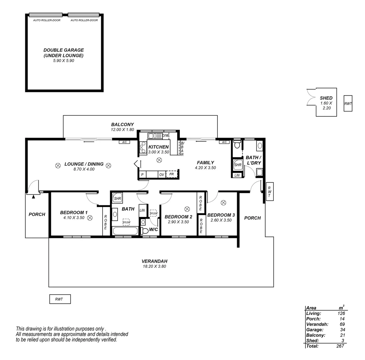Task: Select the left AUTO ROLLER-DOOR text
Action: point(47,20)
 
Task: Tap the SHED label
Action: point(326,98)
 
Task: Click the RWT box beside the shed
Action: point(348,104)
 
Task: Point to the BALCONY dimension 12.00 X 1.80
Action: point(123,129)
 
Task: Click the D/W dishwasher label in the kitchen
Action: point(166,135)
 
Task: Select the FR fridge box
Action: point(172,174)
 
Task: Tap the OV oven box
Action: point(162,175)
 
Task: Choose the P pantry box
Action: point(143,175)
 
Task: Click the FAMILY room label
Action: point(205,163)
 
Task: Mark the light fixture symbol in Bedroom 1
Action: point(90,218)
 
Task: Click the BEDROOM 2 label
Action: point(178,217)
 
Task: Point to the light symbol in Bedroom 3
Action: point(223,202)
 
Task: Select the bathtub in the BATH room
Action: point(125,231)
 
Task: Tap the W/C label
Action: point(154,229)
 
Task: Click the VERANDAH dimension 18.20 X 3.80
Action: point(154,266)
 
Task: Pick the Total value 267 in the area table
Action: point(340,346)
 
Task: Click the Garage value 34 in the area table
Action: point(342,330)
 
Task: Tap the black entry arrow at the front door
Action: point(33,197)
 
